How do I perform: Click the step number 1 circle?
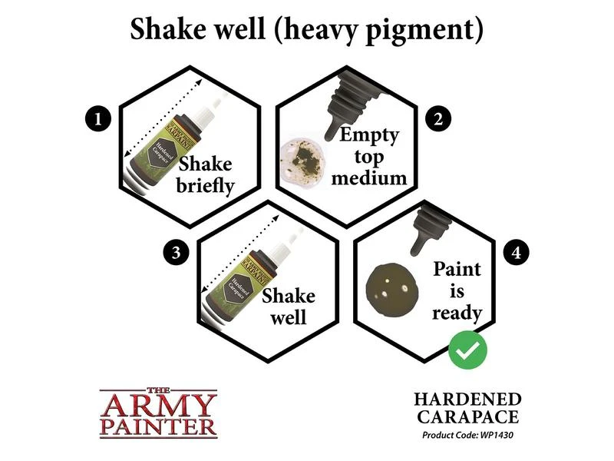98,118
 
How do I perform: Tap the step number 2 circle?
438,118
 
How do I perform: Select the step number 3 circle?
177,252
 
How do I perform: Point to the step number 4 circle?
516,252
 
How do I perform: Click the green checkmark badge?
467,350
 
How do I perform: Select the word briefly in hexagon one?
205,186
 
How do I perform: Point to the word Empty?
369,136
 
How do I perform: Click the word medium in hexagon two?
369,178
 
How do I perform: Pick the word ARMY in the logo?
158,406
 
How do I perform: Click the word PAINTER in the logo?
158,428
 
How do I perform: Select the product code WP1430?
496,435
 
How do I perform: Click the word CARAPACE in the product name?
468,416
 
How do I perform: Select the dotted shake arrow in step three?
240,254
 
